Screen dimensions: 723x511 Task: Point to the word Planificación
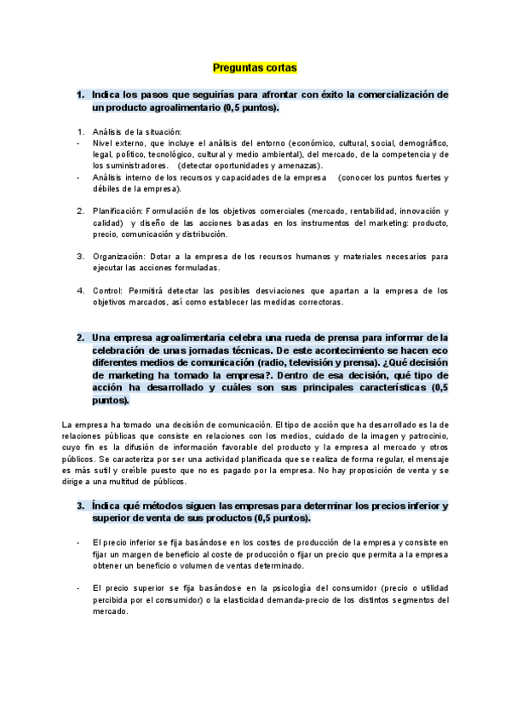[117, 210]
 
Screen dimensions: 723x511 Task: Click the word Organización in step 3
[118, 256]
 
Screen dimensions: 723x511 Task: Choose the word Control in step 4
[107, 290]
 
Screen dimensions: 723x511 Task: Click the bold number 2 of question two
[80, 337]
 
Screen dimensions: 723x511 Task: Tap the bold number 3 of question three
[80, 506]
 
